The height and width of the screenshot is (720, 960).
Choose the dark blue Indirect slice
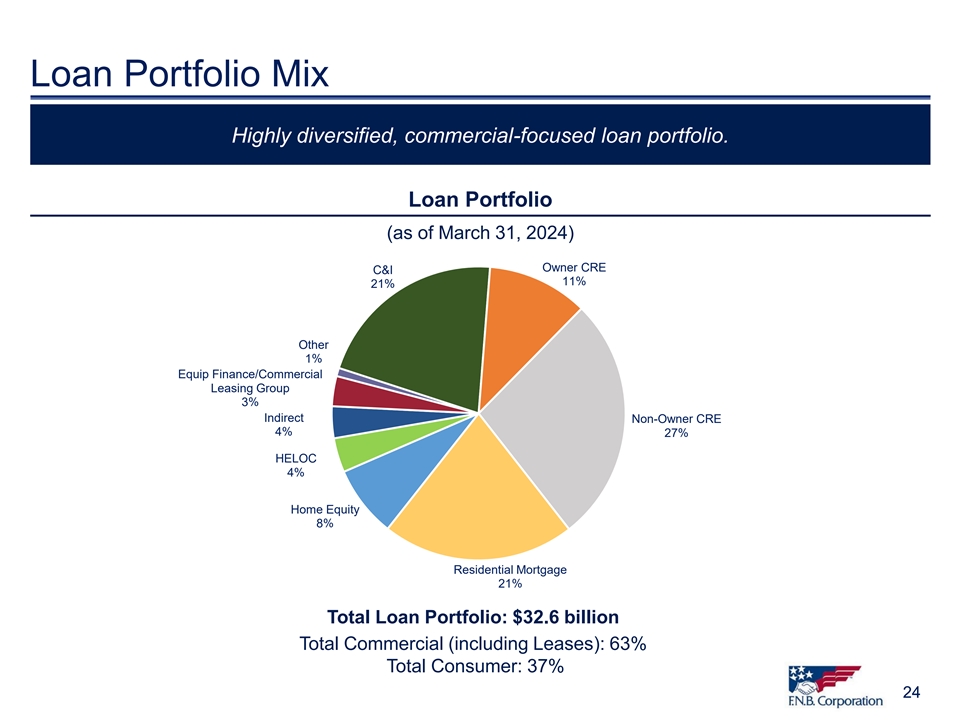[x=348, y=422]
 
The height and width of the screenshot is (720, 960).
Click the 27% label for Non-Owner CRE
[x=676, y=433]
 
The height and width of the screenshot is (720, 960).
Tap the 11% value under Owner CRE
[x=573, y=281]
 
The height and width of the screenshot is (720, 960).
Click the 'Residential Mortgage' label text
[x=510, y=569]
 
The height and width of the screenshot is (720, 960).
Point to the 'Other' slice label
[x=313, y=345]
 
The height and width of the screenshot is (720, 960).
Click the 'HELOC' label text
[x=295, y=458]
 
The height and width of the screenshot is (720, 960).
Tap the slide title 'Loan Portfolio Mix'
[x=180, y=73]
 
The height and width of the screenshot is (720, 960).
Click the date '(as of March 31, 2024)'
[x=480, y=234]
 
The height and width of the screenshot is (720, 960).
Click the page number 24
[x=911, y=692]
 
